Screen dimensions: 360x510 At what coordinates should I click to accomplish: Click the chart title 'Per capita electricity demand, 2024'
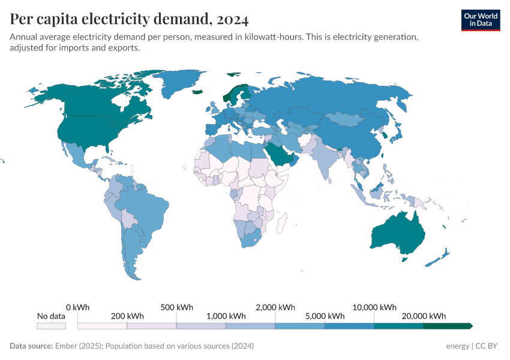(129, 19)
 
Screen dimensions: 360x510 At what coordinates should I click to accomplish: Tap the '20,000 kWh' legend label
(424, 316)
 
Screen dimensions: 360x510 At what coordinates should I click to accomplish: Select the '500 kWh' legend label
(176, 307)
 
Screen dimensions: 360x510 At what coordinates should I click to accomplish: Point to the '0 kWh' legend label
(77, 307)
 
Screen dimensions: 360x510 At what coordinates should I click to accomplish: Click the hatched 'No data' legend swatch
(51, 326)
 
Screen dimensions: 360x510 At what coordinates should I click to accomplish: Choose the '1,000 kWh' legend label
(226, 316)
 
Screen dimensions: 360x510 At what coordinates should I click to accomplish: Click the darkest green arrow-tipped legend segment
(448, 326)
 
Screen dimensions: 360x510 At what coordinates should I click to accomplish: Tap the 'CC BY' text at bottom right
(488, 346)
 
